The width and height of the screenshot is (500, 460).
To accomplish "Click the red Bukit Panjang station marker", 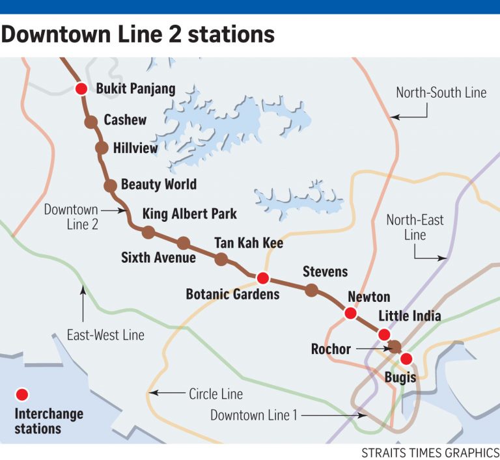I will click(81, 89).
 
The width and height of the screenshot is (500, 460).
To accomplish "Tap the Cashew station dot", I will click(91, 121).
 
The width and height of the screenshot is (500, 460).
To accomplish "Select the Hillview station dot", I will click(102, 148).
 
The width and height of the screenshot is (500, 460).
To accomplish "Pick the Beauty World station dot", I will click(110, 185).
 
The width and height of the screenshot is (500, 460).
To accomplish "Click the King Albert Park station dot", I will click(148, 232).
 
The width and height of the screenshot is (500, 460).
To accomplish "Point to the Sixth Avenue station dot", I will click(184, 243).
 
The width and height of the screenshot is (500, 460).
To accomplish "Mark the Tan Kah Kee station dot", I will click(221, 260).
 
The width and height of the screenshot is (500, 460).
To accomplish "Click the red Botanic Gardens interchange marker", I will click(262, 278).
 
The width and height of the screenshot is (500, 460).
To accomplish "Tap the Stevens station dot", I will click(312, 290).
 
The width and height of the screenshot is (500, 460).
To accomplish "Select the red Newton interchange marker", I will click(350, 314).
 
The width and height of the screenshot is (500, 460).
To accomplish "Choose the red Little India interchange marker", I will click(384, 334).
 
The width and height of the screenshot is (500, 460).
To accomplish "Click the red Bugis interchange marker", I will click(406, 359).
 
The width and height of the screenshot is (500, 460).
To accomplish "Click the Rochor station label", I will click(331, 349).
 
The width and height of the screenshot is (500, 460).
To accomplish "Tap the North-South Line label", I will click(441, 92).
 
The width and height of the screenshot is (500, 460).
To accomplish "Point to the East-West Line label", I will click(105, 335).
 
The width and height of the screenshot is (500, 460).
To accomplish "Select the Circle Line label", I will click(215, 394).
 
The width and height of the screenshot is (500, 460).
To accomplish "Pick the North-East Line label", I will click(415, 227).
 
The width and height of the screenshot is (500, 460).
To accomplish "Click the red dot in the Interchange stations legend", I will click(21, 394).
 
